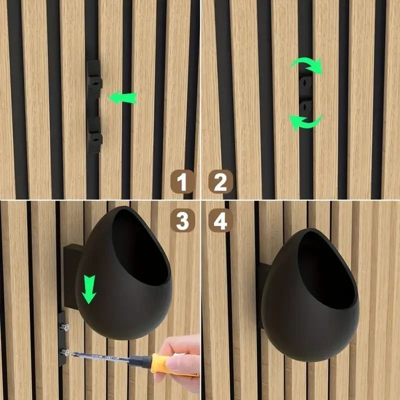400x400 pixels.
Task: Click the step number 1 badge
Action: tap(182, 182)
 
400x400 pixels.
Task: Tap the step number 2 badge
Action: tap(220, 182)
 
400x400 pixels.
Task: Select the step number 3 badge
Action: tap(182, 220)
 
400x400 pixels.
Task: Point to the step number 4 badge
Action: tap(220, 220)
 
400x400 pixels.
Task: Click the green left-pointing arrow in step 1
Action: tap(123, 98)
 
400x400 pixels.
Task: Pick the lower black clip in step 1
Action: tap(94, 135)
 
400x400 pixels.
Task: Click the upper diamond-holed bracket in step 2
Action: tap(306, 83)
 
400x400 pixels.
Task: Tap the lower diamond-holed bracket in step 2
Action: tap(306, 107)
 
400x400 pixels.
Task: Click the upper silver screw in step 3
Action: tap(64, 327)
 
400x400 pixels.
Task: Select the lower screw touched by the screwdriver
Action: tap(64, 352)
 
